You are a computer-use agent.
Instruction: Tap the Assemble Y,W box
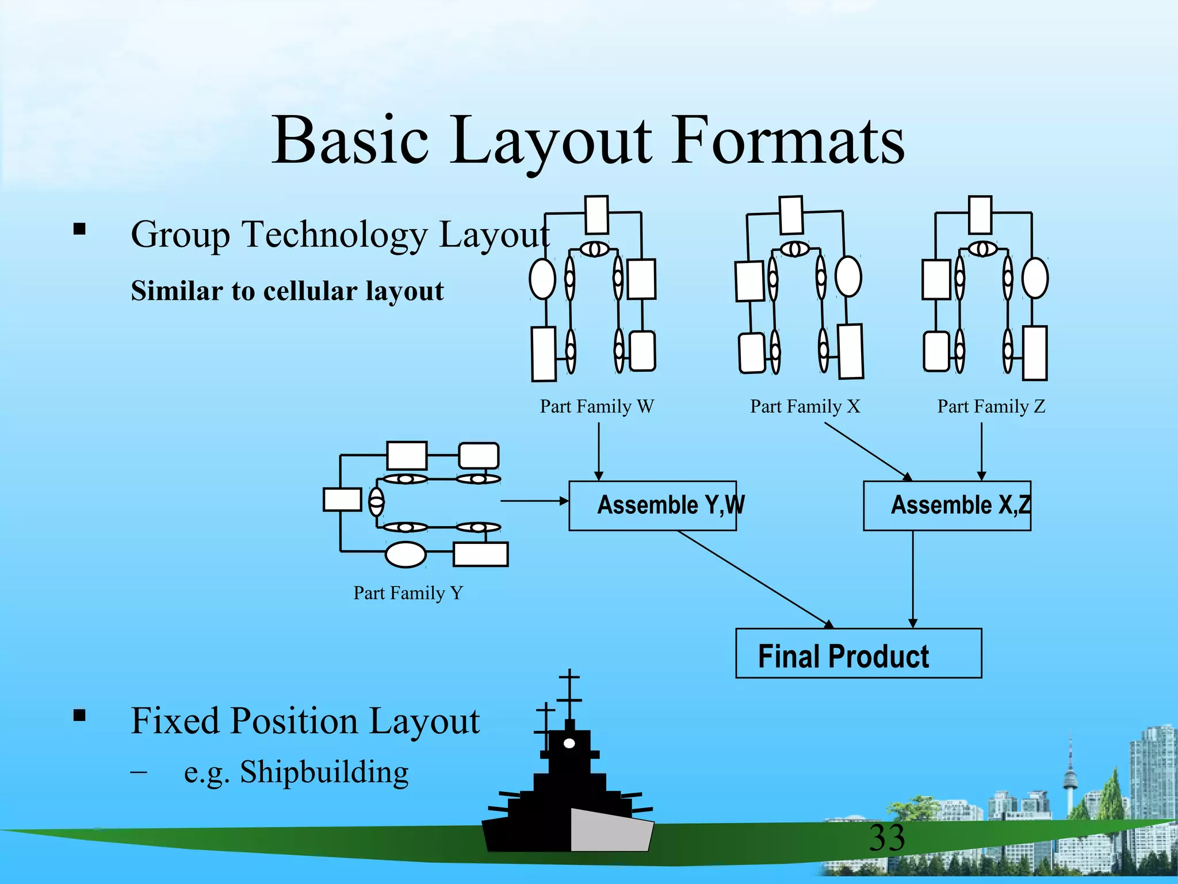[x=652, y=505]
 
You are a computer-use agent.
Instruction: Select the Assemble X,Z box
[x=947, y=505]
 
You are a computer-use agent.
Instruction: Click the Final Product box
[x=858, y=654]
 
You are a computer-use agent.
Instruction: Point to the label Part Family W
[x=596, y=406]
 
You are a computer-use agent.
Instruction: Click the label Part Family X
[x=805, y=406]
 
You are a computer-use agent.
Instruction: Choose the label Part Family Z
[x=991, y=406]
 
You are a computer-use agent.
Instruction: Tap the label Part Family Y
[x=408, y=593]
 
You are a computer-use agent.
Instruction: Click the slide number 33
[x=886, y=837]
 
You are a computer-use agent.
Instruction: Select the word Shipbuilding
[x=324, y=772]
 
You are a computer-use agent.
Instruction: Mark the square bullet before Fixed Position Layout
[x=79, y=715]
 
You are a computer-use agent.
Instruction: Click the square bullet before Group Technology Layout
[x=79, y=230]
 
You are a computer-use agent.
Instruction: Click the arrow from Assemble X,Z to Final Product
[x=913, y=578]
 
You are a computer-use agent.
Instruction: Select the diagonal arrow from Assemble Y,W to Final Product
[x=754, y=578]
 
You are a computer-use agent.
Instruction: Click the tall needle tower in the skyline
[x=1070, y=771]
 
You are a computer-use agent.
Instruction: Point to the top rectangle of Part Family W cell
[x=596, y=215]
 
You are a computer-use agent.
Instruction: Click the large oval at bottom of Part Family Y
[x=406, y=555]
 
